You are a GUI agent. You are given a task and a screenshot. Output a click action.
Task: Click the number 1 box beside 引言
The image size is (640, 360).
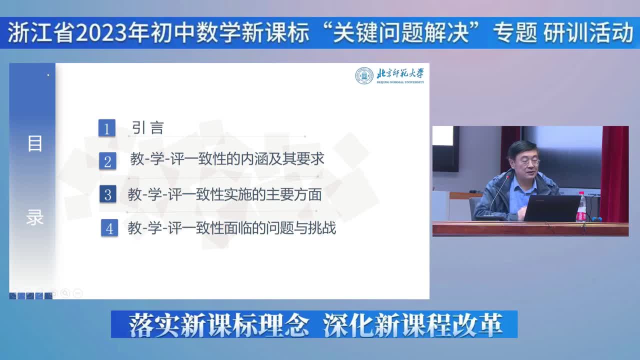tap(107, 128)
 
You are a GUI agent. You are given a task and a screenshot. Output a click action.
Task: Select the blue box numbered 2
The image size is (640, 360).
tap(107, 161)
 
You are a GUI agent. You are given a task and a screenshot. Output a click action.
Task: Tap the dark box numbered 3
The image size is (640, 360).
tap(108, 194)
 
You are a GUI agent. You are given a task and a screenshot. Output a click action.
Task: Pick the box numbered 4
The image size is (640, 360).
tap(109, 227)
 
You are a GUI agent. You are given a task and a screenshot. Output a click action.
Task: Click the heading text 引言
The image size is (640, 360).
tap(147, 127)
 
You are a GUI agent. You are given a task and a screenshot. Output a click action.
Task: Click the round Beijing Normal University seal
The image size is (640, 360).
tap(364, 75)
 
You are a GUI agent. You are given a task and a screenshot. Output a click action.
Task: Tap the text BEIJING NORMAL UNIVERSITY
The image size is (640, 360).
tap(400, 82)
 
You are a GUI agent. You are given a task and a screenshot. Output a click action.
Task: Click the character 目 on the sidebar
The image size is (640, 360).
tap(35, 143)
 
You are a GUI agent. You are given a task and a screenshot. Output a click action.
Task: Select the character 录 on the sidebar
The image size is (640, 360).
tap(35, 217)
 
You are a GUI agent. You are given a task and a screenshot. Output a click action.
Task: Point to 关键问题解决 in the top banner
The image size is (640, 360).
tap(400, 32)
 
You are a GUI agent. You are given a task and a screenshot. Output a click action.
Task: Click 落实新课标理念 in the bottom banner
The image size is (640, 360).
tap(218, 325)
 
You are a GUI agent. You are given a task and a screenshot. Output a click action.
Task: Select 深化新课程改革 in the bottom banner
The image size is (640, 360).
tap(413, 325)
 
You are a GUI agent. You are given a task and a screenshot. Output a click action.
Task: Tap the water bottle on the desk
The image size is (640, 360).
tap(581, 207)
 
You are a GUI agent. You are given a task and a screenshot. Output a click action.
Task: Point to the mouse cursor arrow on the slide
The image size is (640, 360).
tap(48, 75)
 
